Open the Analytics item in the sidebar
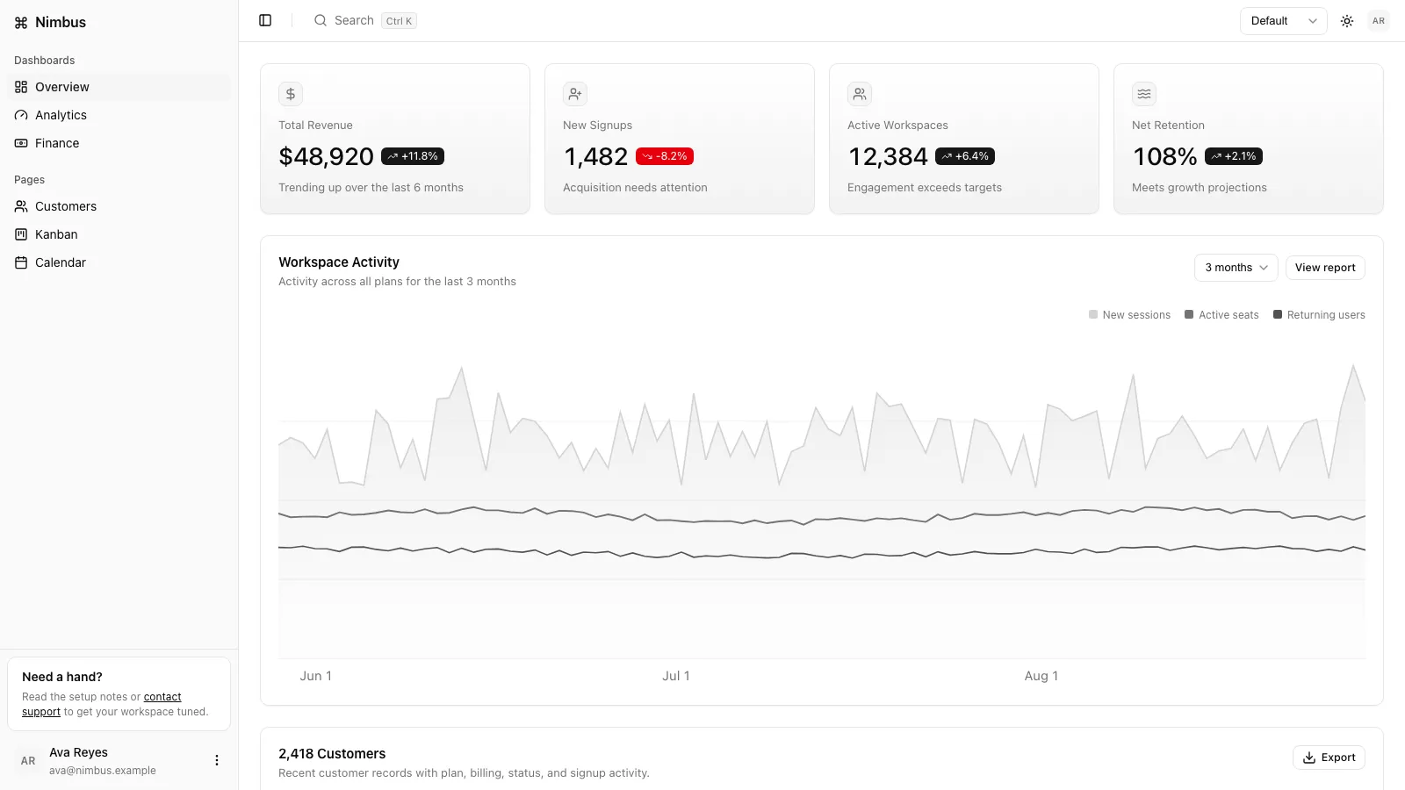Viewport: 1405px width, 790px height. [61, 115]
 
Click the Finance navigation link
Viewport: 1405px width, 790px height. [57, 143]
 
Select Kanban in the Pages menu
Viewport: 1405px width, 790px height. [56, 234]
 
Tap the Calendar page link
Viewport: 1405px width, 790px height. [61, 262]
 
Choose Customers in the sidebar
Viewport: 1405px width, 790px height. [66, 206]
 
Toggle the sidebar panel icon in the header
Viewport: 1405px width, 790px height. [265, 21]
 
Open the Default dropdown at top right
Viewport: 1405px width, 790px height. [1283, 21]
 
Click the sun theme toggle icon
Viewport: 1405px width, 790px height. [1347, 21]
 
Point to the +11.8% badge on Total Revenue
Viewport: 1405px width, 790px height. [413, 156]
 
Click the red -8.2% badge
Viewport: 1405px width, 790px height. [664, 156]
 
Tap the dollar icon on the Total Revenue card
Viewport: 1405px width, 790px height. [291, 94]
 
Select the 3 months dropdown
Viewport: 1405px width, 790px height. [1236, 268]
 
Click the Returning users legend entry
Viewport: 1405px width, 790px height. [1319, 315]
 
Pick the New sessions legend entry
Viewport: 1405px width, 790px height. [1129, 315]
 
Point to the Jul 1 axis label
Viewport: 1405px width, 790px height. [676, 676]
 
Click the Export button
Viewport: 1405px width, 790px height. [1329, 758]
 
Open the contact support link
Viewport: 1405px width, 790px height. [102, 704]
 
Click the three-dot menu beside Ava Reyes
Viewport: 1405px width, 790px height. [216, 760]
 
